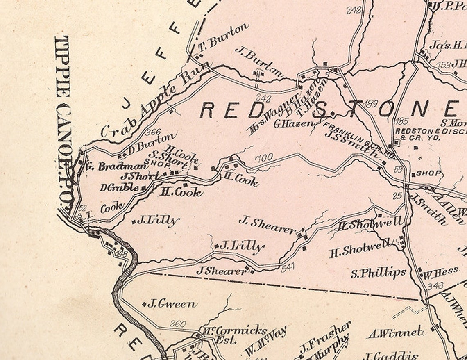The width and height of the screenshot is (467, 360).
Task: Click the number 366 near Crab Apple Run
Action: click(x=153, y=132)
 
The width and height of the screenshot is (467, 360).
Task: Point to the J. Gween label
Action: click(x=171, y=304)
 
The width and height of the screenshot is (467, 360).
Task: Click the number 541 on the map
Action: click(x=288, y=267)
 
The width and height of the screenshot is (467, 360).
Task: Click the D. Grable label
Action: click(x=119, y=188)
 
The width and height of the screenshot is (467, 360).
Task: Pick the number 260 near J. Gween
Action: click(x=177, y=324)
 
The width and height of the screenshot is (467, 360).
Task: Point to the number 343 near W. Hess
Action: click(x=435, y=286)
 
